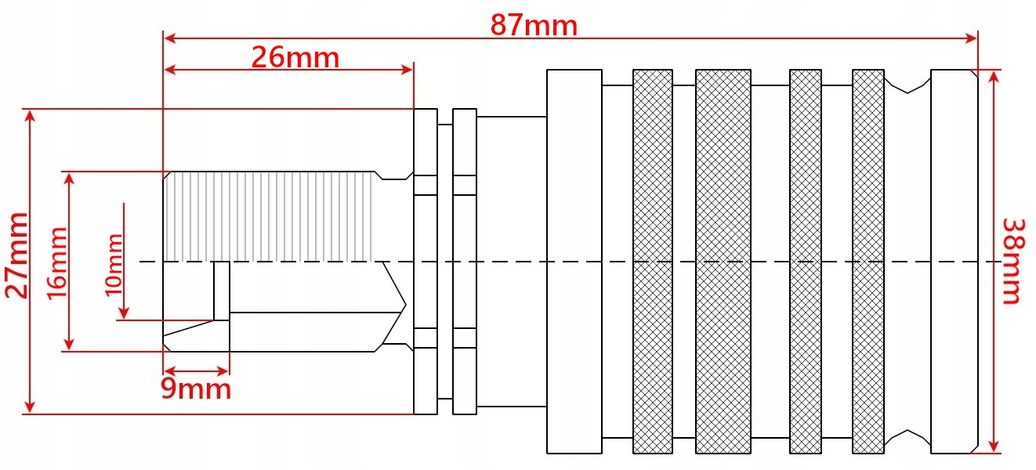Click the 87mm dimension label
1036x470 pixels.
534,26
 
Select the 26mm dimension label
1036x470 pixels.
295,57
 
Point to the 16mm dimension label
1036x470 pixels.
56,262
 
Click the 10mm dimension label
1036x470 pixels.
114,262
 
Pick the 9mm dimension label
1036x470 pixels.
196,389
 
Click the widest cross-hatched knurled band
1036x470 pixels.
723,261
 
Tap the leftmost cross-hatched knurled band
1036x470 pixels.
652,261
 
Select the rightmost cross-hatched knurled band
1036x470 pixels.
868,261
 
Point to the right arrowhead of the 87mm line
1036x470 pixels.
973,38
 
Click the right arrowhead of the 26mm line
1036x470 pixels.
408,70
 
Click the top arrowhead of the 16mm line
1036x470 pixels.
70,178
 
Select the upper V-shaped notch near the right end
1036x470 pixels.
907,85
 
